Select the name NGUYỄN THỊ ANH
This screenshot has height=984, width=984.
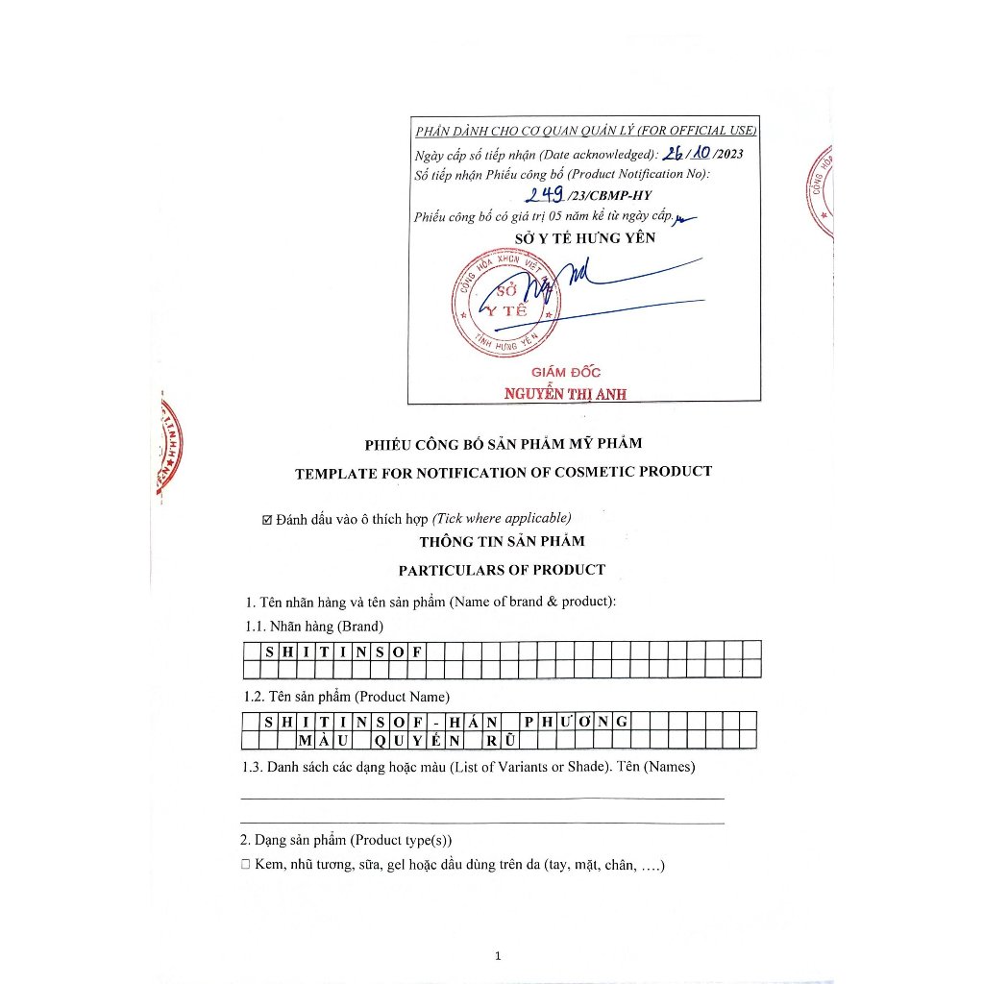pyautogui.click(x=565, y=393)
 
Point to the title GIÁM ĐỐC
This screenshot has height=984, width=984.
pyautogui.click(x=566, y=373)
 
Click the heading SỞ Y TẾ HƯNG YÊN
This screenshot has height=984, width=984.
pyautogui.click(x=585, y=237)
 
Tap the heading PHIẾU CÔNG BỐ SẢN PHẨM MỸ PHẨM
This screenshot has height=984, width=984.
pyautogui.click(x=503, y=444)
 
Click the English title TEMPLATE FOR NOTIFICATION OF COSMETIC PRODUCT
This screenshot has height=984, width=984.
pyautogui.click(x=504, y=472)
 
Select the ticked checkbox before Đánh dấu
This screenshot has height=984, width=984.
pyautogui.click(x=267, y=520)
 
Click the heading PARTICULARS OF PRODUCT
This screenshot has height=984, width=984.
pyautogui.click(x=502, y=570)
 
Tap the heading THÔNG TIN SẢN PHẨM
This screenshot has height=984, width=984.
pyautogui.click(x=502, y=541)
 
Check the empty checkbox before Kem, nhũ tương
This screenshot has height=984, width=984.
pyautogui.click(x=246, y=866)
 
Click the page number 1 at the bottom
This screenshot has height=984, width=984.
pyautogui.click(x=498, y=955)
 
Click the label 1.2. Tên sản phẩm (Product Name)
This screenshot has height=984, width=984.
pyautogui.click(x=346, y=697)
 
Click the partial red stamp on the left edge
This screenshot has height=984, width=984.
pyautogui.click(x=168, y=445)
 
